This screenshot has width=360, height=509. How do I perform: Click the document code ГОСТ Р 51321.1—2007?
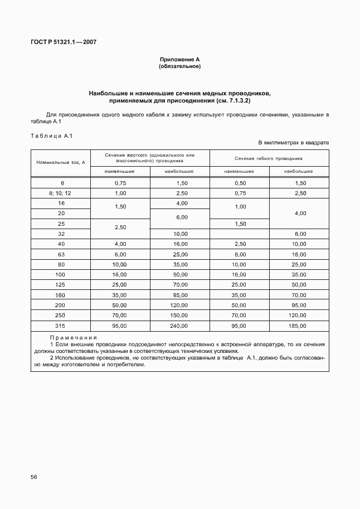pos(63,42)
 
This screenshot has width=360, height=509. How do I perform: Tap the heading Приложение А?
pos(179,59)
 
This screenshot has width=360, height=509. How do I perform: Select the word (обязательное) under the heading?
pos(179,66)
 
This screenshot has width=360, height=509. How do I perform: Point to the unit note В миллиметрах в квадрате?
pos(293,143)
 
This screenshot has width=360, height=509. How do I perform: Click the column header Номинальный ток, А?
pos(60,162)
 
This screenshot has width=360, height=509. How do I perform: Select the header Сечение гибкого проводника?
pos(269,158)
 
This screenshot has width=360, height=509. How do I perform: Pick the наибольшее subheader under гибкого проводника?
pos(298,171)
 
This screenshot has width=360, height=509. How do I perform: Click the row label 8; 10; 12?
pos(60,193)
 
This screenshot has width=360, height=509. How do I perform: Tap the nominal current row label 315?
pos(60,325)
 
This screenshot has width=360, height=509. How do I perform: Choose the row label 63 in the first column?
pos(60,254)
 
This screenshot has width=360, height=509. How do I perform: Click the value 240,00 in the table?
pos(179,325)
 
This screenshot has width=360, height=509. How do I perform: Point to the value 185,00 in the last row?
pos(299,325)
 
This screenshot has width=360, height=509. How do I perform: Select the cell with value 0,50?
pos(240,183)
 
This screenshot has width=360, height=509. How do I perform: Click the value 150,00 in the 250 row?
pos(179,315)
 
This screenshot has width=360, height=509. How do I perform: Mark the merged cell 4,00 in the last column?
pos(299,214)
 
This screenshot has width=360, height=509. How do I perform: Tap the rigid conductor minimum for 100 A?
pos(120,274)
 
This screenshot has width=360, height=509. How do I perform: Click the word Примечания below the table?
pos(73,338)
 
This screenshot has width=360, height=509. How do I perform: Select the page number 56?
pos(35,477)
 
